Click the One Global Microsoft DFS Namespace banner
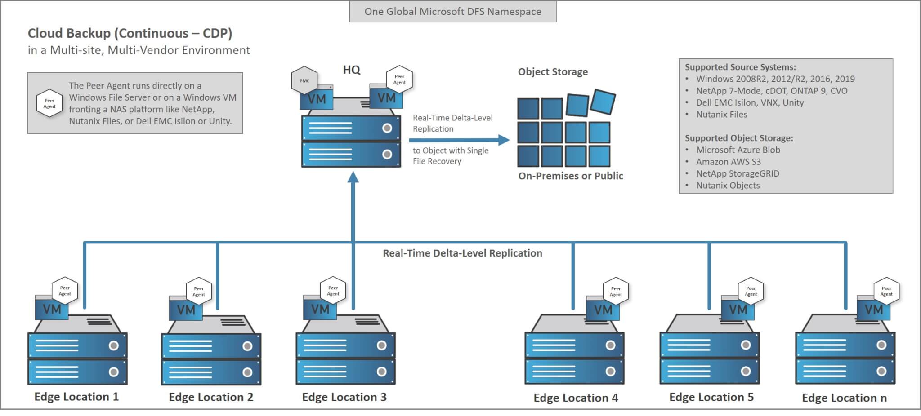click(x=453, y=12)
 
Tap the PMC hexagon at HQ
click(x=304, y=80)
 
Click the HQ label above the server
click(x=351, y=70)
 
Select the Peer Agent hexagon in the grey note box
click(x=49, y=103)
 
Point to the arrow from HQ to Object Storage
click(x=459, y=140)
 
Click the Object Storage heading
click(x=553, y=72)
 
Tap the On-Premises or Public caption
click(x=570, y=176)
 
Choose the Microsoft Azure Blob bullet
click(x=738, y=150)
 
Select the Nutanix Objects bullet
click(x=728, y=186)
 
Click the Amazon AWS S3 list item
click(x=728, y=162)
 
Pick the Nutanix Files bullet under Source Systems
click(x=721, y=115)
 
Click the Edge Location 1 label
click(x=76, y=397)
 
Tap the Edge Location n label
click(x=844, y=398)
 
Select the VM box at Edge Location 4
click(x=603, y=310)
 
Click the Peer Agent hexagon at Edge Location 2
click(x=199, y=292)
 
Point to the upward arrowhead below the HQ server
click(x=353, y=177)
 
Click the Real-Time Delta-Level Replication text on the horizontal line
click(x=462, y=253)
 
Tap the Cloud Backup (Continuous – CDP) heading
click(x=130, y=33)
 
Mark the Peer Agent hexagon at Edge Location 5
click(x=751, y=291)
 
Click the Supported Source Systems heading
click(x=740, y=67)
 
